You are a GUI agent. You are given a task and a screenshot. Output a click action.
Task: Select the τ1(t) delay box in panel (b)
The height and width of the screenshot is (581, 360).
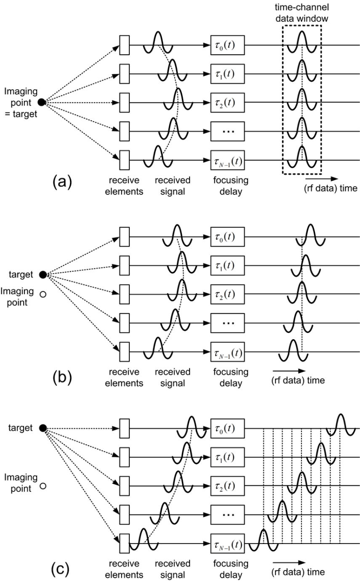tap(227, 265)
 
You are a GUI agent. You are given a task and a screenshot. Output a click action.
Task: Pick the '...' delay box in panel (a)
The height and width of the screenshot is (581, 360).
tap(227, 131)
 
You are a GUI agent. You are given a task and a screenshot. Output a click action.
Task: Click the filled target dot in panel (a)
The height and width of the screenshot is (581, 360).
tap(41, 102)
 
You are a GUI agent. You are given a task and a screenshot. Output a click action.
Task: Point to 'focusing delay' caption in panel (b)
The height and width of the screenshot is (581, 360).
tap(230, 378)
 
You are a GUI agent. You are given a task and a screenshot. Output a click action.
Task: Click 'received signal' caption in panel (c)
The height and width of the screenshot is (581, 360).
tap(173, 568)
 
